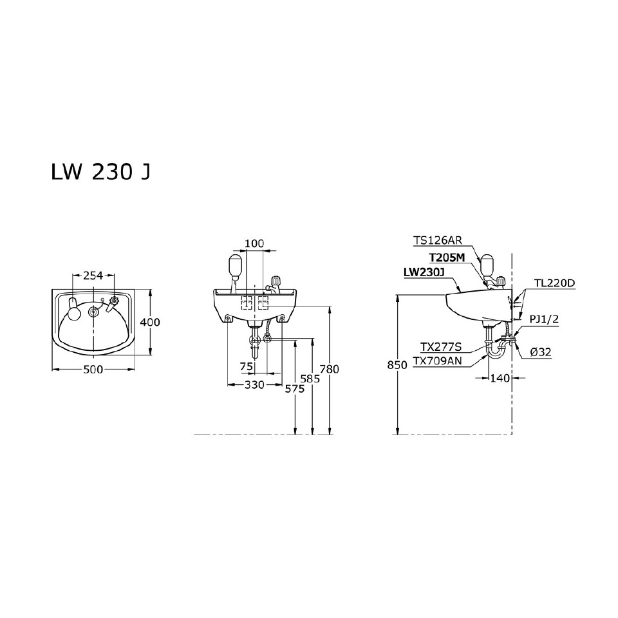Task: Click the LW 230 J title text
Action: tap(100, 173)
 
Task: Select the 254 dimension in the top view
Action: tap(93, 276)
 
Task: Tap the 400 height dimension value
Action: tap(150, 322)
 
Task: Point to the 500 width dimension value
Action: tap(94, 370)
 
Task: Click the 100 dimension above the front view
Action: tap(255, 243)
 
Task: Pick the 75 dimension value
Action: tap(246, 366)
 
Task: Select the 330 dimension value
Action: tap(254, 384)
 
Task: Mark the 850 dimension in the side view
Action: tap(398, 364)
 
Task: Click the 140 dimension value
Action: tap(500, 378)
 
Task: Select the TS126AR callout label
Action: tap(438, 241)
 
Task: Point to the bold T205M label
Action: tap(446, 257)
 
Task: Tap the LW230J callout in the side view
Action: tap(424, 272)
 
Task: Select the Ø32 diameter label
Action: tap(540, 352)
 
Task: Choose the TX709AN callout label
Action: tap(437, 361)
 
